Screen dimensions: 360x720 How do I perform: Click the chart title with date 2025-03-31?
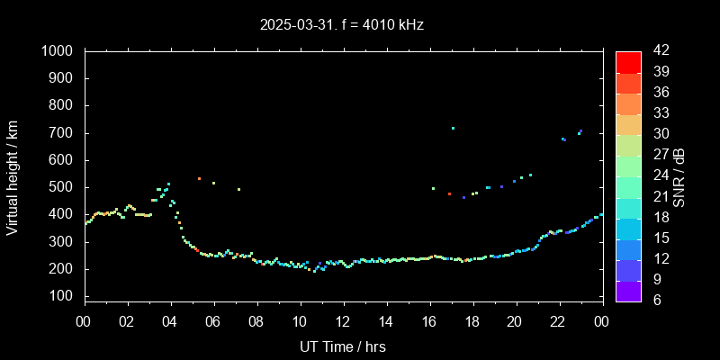pos(342,24)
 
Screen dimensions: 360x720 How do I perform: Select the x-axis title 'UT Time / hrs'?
pos(343,346)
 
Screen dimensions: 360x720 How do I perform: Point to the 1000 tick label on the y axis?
pos(58,51)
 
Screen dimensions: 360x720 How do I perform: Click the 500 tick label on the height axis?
pos(61,187)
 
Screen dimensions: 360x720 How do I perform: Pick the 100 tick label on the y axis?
pos(61,296)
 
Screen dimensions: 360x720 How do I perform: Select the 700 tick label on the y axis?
pos(61,133)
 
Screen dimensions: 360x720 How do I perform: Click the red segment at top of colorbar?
pos(628,61)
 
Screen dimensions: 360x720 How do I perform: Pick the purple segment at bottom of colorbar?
pos(628,290)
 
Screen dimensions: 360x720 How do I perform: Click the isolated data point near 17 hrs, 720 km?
pos(453,128)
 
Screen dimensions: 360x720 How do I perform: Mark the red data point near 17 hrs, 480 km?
pos(449,193)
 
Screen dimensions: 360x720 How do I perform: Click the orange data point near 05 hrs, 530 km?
pos(199,178)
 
